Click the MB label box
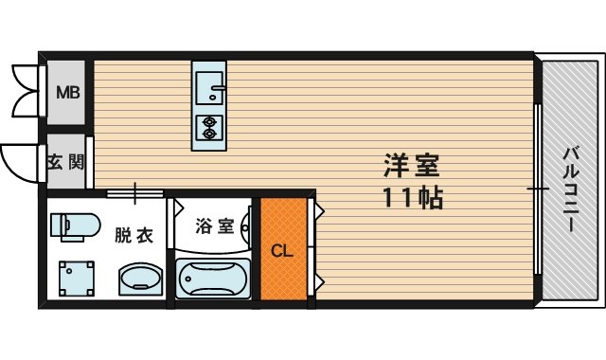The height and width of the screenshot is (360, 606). click(x=66, y=93)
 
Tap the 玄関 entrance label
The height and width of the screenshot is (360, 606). click(x=66, y=162)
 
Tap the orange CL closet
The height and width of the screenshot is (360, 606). click(x=283, y=250)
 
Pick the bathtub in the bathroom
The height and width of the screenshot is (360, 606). click(x=213, y=279)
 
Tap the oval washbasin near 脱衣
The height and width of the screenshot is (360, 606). click(x=141, y=280)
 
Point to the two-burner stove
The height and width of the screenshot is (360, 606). click(x=207, y=125)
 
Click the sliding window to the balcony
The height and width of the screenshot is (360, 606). click(x=538, y=189)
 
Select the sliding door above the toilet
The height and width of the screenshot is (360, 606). click(x=133, y=194)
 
